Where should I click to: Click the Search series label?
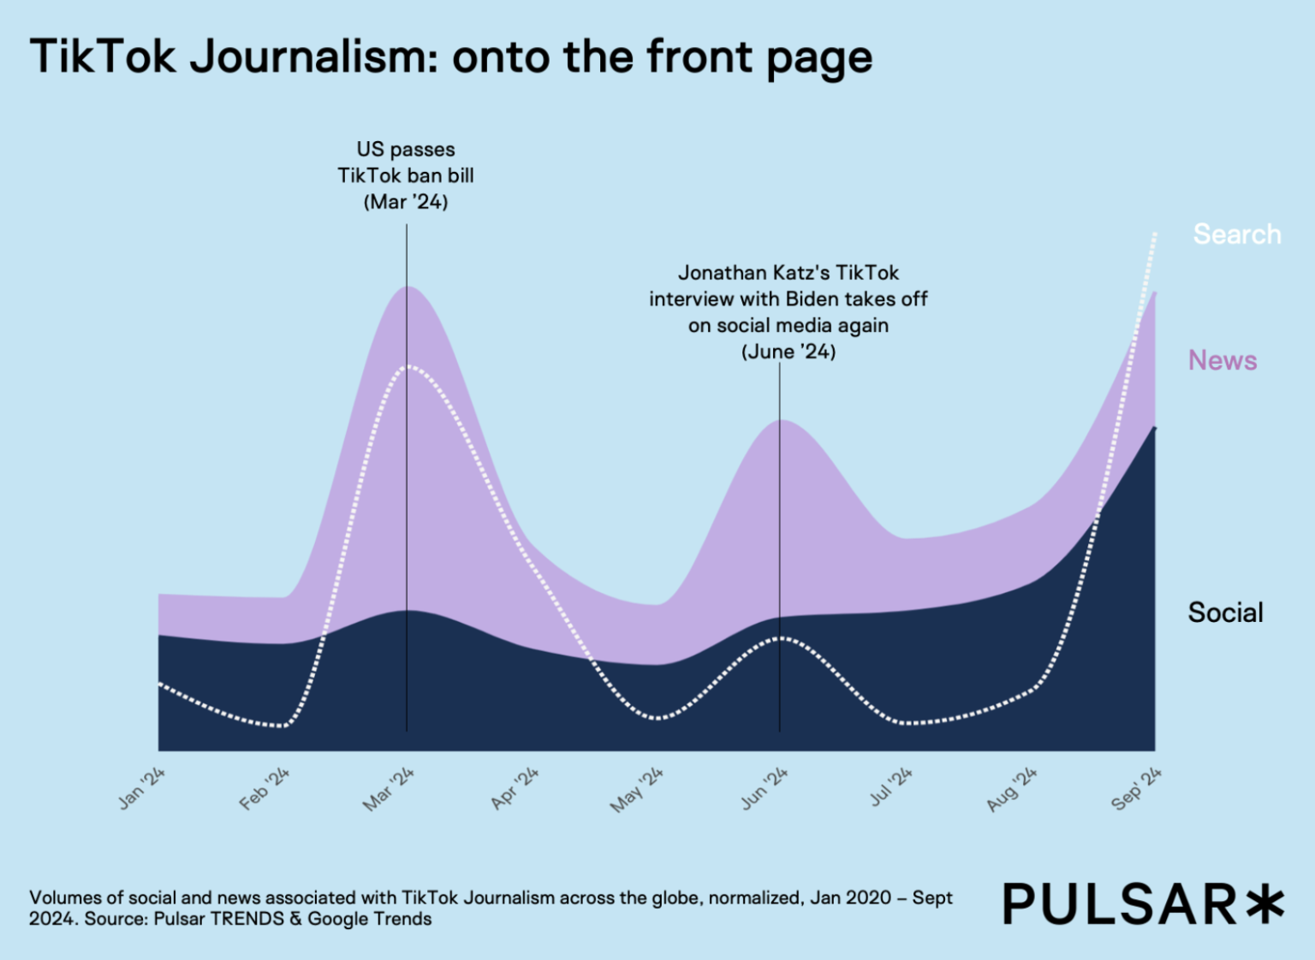pos(1237,234)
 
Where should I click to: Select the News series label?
pos(1223,360)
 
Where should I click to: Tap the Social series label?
pos(1225,613)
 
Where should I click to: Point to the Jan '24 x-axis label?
pos(142,788)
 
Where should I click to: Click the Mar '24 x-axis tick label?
pos(389,789)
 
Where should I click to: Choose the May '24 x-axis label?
pos(637,790)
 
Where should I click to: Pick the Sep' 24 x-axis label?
pos(1136,789)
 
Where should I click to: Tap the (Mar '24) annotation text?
pos(406,202)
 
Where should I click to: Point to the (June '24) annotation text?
pos(788,352)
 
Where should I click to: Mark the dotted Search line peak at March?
pos(408,366)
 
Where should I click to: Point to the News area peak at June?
pos(780,420)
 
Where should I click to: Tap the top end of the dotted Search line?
pos(1155,233)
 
